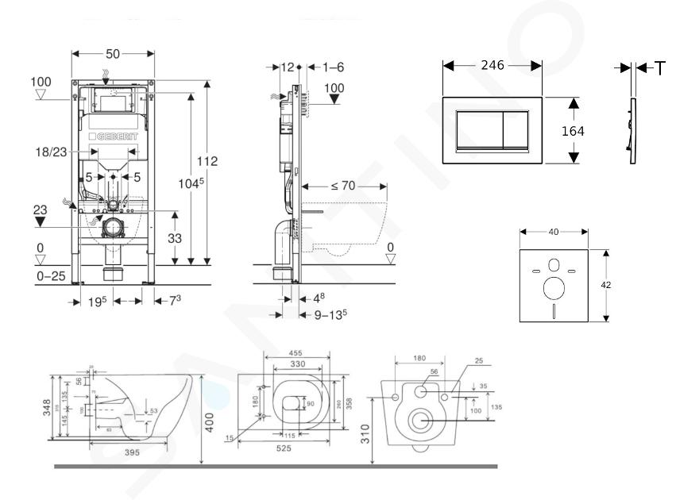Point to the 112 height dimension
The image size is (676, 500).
click(x=207, y=162)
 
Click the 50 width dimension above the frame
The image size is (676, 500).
click(x=113, y=52)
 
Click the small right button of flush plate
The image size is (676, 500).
click(x=517, y=130)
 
